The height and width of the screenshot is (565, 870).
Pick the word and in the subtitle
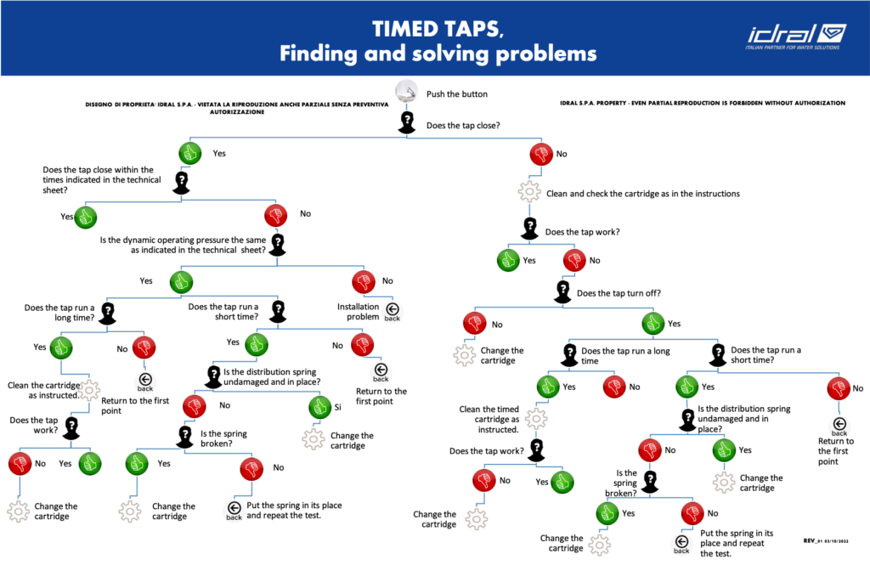click(382, 54)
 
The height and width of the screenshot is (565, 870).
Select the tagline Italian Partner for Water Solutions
click(792, 48)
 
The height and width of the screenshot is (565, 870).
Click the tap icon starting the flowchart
click(407, 91)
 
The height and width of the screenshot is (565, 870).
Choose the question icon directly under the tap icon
click(407, 121)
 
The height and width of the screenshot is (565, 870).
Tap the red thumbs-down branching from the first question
click(541, 154)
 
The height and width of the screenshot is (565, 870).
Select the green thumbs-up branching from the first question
click(190, 154)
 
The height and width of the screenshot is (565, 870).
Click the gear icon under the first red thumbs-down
click(529, 190)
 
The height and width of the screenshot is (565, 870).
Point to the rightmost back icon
click(839, 427)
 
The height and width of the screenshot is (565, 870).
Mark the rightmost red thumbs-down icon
click(839, 389)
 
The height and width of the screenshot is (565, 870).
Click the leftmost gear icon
click(18, 511)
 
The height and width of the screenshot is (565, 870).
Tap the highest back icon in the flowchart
click(392, 312)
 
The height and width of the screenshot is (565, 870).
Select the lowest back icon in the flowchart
click(681, 545)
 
